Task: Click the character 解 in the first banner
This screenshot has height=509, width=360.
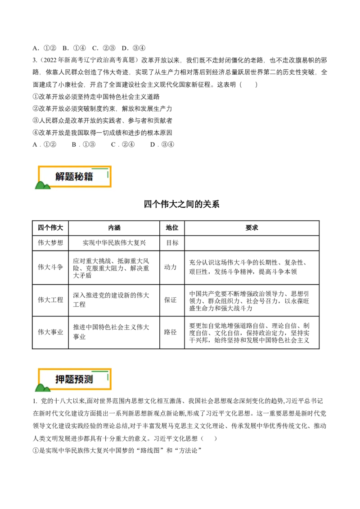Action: pyautogui.click(x=60, y=177)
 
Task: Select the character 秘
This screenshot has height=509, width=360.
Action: pyautogui.click(x=79, y=177)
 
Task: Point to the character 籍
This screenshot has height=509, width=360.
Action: pyautogui.click(x=88, y=177)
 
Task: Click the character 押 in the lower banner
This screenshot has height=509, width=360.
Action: pyautogui.click(x=60, y=380)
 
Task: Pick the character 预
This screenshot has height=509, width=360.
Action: pyautogui.click(x=79, y=380)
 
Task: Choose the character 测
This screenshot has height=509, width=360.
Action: pyautogui.click(x=88, y=380)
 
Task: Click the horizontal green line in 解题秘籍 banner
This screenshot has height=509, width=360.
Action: pyautogui.click(x=100, y=170)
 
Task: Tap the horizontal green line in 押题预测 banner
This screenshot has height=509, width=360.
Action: pyautogui.click(x=100, y=372)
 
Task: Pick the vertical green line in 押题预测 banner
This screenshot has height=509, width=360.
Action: pyautogui.click(x=108, y=376)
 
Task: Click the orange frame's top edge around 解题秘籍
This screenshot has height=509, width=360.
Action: pyautogui.click(x=67, y=167)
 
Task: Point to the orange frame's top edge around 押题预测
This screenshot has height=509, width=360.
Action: pyautogui.click(x=67, y=369)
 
